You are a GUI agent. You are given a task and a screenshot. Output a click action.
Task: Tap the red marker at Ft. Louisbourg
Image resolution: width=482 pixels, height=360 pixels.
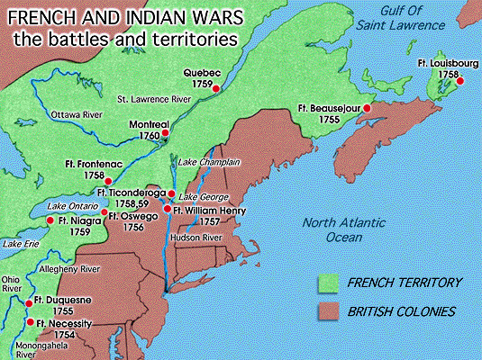(x=459, y=82)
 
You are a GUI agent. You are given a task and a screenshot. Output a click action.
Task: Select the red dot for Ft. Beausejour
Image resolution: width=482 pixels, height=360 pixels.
(x=367, y=107)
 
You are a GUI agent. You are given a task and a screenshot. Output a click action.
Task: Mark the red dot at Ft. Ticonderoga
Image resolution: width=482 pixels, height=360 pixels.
(x=171, y=193)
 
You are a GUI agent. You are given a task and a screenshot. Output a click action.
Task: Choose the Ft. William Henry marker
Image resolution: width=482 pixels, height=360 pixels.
(x=167, y=209)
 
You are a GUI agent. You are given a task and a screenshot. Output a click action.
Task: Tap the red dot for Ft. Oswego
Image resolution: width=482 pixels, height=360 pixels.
(x=103, y=215)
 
